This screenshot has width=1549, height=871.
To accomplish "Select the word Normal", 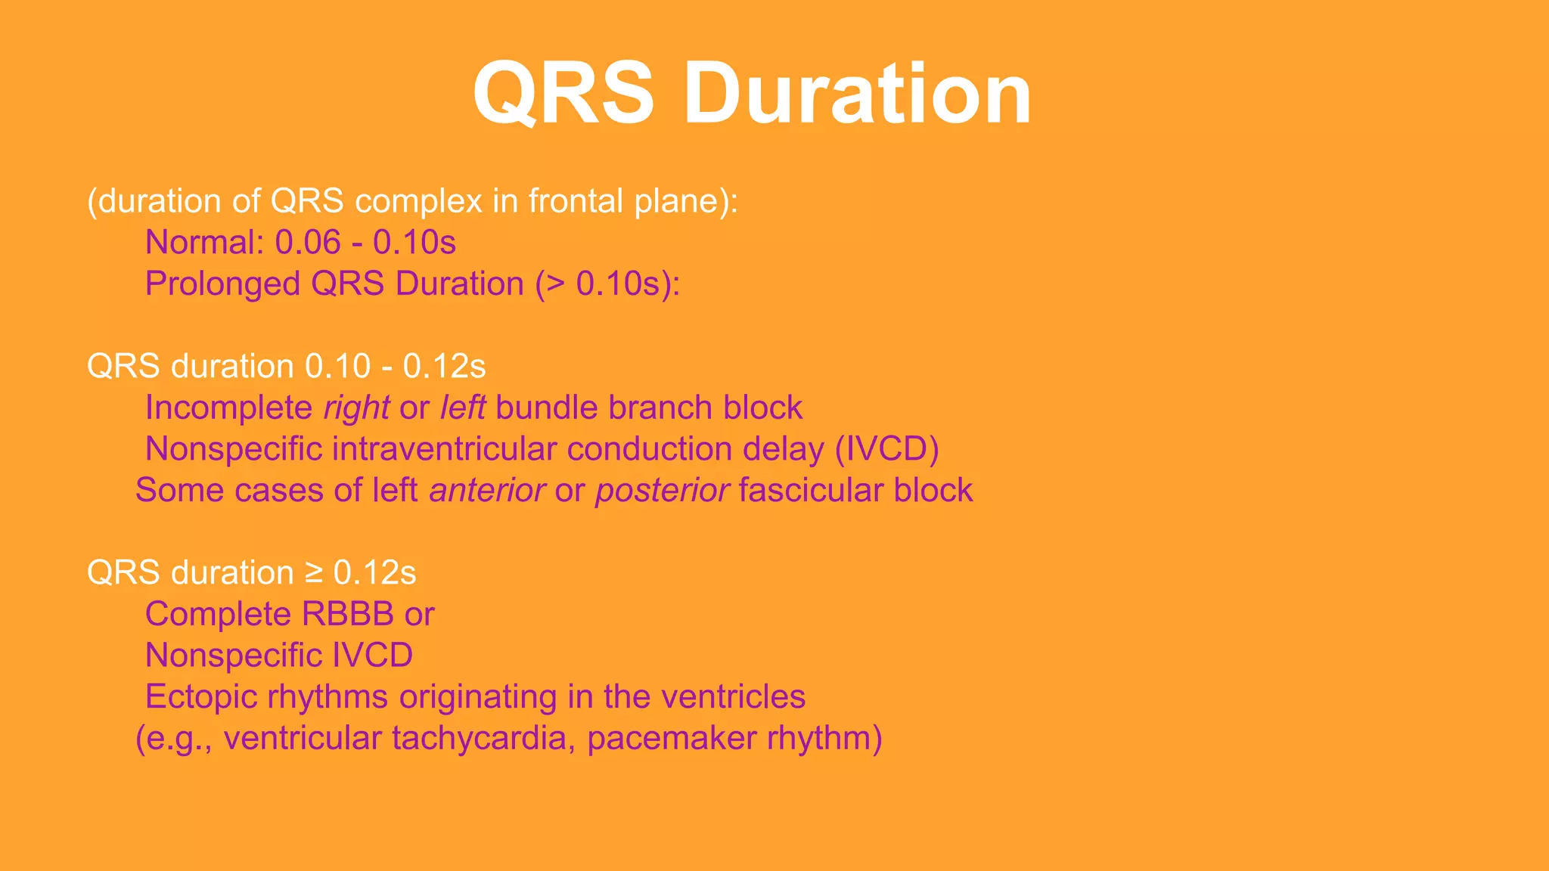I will click(x=203, y=243).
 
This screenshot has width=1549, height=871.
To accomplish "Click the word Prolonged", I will click(x=222, y=284).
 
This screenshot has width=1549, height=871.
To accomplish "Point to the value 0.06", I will click(x=308, y=243).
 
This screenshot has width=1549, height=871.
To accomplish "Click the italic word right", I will click(x=356, y=408).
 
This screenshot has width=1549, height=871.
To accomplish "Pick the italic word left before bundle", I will click(x=462, y=408).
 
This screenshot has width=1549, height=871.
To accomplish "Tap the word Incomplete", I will click(x=228, y=408).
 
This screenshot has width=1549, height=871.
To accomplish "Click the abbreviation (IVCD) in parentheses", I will click(x=886, y=449).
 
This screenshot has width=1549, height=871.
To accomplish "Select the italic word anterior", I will click(x=487, y=491).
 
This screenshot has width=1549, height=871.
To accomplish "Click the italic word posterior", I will click(x=662, y=491).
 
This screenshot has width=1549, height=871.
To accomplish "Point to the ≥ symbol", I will click(x=315, y=573).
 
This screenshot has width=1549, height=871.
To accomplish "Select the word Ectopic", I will click(x=201, y=697).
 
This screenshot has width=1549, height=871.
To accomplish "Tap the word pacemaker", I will click(x=671, y=738).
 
